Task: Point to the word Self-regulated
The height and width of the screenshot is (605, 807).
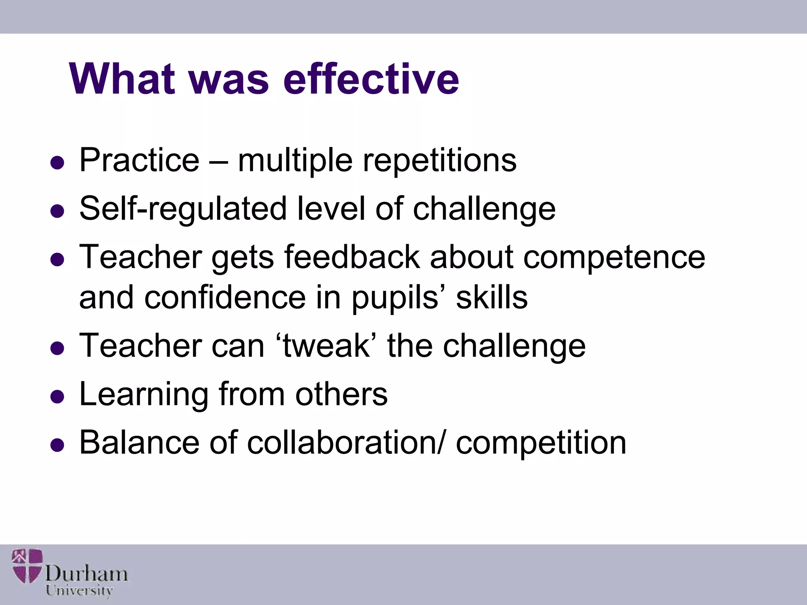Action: pos(183,209)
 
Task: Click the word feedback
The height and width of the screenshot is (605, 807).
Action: pos(351,257)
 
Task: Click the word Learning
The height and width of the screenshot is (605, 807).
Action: pos(144,395)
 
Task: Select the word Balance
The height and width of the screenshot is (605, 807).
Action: pos(139,442)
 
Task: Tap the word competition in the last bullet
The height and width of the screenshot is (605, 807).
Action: pos(541,443)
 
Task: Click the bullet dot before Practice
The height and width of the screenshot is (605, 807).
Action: pos(58,163)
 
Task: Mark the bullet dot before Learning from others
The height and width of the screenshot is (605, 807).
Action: pos(58,397)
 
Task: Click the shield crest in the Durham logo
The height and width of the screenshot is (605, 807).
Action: pos(27,566)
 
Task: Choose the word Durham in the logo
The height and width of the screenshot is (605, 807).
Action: pos(86,573)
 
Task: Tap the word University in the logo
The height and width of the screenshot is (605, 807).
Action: pos(79,590)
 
